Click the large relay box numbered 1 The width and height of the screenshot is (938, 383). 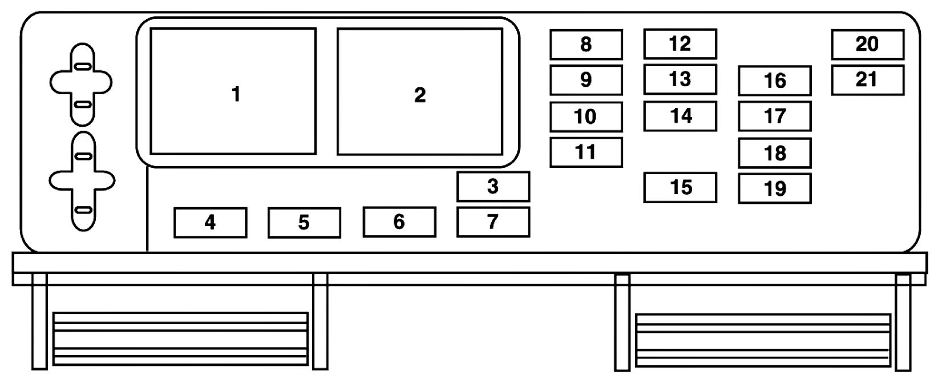(x=233, y=91)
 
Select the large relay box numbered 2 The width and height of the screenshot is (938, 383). (x=419, y=91)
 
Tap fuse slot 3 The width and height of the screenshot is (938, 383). (x=493, y=187)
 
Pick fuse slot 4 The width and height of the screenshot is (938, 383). (x=210, y=222)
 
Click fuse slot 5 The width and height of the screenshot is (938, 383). (x=304, y=222)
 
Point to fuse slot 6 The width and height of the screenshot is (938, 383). (x=399, y=221)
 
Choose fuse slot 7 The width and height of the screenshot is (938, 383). (x=493, y=221)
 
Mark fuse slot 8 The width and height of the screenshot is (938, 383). (x=586, y=45)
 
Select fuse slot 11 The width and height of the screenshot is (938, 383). (x=586, y=152)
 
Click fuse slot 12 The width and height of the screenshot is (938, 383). (x=680, y=44)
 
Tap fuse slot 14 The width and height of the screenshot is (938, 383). (x=680, y=116)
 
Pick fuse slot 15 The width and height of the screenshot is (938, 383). (x=680, y=188)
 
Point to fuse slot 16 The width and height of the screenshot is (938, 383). (x=774, y=80)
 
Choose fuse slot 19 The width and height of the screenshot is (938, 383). (x=774, y=188)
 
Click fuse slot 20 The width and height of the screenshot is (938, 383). (x=867, y=45)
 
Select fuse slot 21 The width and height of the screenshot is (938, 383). (x=867, y=80)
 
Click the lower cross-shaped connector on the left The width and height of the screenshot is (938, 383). (x=82, y=181)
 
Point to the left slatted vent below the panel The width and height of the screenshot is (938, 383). (x=180, y=338)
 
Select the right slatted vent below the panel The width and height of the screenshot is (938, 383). (x=763, y=340)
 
